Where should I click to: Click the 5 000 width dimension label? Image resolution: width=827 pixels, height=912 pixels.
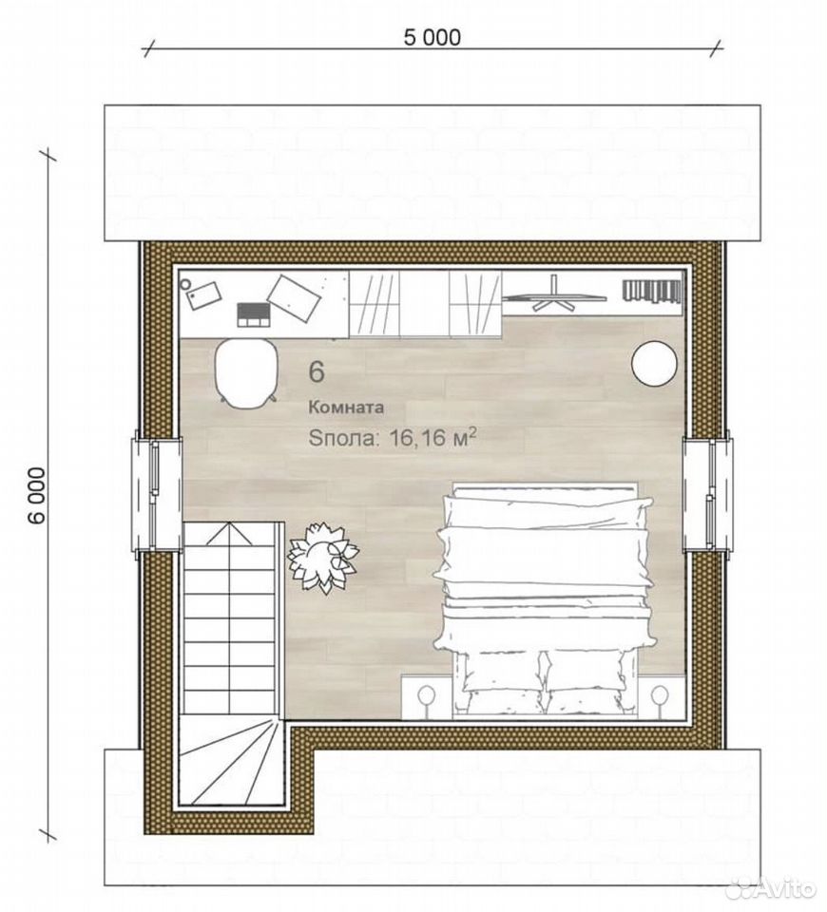pyautogui.click(x=432, y=37)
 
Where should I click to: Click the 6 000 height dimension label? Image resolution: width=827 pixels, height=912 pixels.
pyautogui.click(x=37, y=495)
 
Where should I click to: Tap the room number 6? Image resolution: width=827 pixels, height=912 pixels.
pyautogui.click(x=317, y=372)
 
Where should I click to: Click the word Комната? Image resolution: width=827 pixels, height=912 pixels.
pyautogui.click(x=346, y=408)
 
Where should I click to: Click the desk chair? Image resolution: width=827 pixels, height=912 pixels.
pyautogui.click(x=245, y=372)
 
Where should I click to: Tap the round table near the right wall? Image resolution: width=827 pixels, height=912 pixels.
pyautogui.click(x=654, y=362)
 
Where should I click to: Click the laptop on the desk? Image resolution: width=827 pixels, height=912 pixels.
pyautogui.click(x=253, y=314)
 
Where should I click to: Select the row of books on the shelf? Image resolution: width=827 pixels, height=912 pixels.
pyautogui.click(x=652, y=291)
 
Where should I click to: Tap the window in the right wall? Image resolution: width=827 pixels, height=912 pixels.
pyautogui.click(x=707, y=494)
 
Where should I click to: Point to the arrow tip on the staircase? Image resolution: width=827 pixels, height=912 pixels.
pyautogui.click(x=230, y=522)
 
